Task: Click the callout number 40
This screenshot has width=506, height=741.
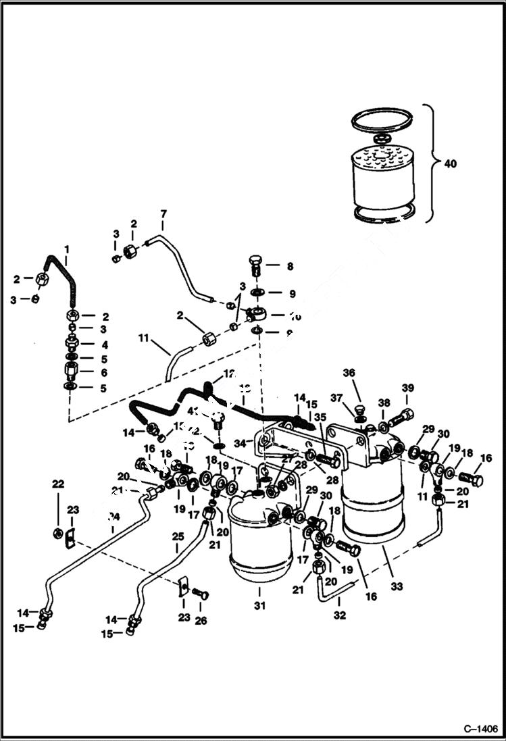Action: [451, 163]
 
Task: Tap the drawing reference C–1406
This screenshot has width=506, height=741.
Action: [480, 729]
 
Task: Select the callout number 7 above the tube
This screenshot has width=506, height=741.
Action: [163, 214]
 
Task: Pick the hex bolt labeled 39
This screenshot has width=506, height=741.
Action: [399, 417]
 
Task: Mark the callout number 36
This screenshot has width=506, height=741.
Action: [348, 372]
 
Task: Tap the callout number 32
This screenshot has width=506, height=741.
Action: [339, 615]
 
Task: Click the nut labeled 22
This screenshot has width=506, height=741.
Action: [59, 534]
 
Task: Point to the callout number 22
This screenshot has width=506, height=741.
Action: [58, 484]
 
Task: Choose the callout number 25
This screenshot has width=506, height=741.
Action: [178, 536]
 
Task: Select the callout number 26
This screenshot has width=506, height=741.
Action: [201, 620]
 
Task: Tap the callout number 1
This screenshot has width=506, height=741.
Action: [67, 249]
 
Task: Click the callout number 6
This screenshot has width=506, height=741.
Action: [104, 372]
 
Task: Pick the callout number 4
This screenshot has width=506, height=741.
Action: [104, 344]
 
